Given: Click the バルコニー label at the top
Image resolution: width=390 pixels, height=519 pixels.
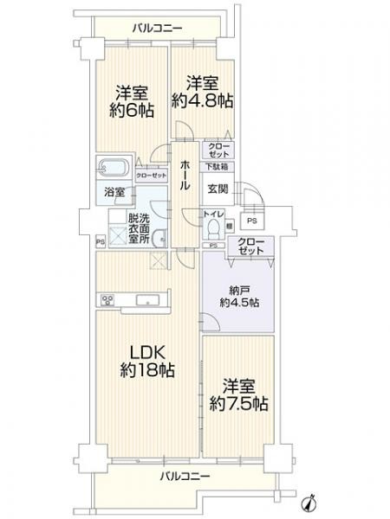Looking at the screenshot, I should [157, 29].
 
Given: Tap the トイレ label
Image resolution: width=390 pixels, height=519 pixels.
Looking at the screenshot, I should [211, 213].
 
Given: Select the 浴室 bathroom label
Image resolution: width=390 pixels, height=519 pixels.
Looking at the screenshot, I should [115, 192].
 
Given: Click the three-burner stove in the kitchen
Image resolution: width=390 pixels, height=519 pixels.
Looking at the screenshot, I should [109, 301].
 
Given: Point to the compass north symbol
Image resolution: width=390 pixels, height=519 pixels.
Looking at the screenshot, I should [309, 503].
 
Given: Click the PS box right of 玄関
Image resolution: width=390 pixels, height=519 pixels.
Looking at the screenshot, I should [250, 221].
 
